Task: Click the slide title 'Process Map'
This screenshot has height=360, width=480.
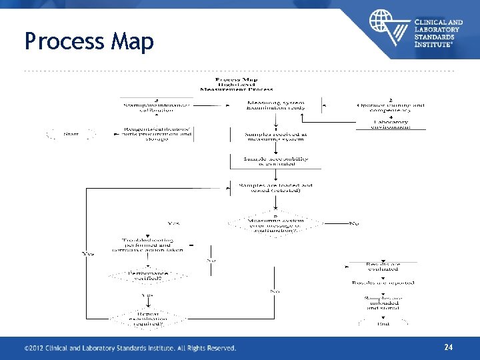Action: tap(89, 41)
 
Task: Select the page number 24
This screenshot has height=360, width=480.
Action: tap(449, 347)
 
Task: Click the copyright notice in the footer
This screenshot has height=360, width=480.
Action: tap(130, 348)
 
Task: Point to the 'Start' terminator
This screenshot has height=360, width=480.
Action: tap(71, 134)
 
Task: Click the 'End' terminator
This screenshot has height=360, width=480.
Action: tap(383, 324)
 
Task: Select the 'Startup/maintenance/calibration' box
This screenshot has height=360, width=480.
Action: tap(156, 107)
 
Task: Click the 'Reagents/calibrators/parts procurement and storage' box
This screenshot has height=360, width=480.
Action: tap(156, 134)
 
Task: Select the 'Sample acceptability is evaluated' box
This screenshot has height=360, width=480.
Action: tap(266, 161)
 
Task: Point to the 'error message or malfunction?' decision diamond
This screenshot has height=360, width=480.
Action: tap(275, 223)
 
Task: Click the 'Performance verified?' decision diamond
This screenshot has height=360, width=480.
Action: tap(148, 275)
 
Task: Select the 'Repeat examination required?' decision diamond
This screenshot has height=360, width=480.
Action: tap(148, 319)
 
